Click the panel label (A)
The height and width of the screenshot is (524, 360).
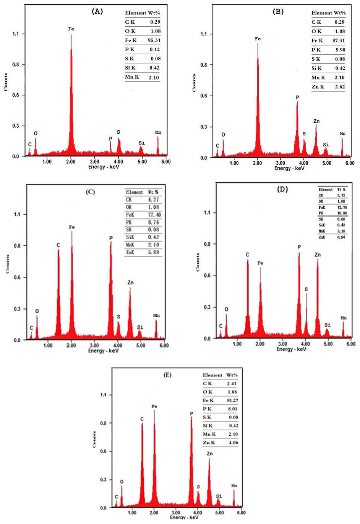97,11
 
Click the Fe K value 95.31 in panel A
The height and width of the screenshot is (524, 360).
154,40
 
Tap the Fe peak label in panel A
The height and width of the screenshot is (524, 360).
71,29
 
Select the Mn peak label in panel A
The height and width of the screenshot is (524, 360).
158,132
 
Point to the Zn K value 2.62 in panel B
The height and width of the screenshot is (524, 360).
339,87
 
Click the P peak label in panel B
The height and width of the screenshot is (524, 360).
297,97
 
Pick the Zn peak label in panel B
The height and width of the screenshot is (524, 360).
316,121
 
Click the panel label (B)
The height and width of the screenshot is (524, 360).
278,11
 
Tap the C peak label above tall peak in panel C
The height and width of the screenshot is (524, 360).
58,245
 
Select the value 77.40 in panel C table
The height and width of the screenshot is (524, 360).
154,215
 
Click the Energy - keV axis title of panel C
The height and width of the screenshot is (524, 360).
103,350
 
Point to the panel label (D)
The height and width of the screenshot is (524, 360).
282,189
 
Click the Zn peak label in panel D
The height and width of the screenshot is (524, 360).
318,255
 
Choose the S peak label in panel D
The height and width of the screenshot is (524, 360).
306,289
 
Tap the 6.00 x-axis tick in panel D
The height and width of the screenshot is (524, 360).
350,344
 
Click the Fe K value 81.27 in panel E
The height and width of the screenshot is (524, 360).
232,400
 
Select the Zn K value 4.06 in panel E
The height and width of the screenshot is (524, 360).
233,443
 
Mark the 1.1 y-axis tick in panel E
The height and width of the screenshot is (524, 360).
103,395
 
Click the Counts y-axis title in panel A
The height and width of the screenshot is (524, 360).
6,82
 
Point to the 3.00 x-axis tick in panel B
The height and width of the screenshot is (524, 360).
281,163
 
